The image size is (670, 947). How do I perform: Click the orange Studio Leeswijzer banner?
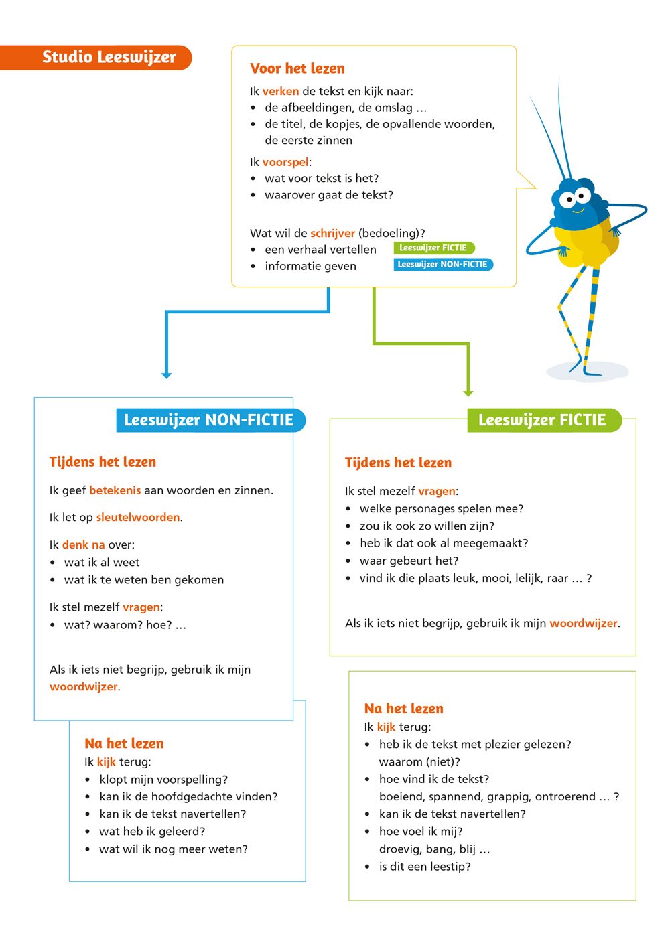pyautogui.click(x=100, y=58)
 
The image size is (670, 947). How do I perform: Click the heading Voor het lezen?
pyautogui.click(x=297, y=68)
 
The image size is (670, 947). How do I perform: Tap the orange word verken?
pyautogui.click(x=280, y=92)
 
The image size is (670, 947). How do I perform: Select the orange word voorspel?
pyautogui.click(x=285, y=162)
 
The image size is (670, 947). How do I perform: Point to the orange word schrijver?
pyautogui.click(x=332, y=234)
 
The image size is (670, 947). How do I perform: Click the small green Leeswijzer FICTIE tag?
pyautogui.click(x=433, y=248)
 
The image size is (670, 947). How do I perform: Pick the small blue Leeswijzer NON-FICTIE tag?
pyautogui.click(x=442, y=265)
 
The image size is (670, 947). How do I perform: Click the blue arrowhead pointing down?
pyautogui.click(x=167, y=375)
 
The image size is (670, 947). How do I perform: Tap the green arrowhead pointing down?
pyautogui.click(x=468, y=392)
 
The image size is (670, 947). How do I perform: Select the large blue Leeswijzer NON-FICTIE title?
pyautogui.click(x=209, y=420)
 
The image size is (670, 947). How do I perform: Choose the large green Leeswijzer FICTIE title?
pyautogui.click(x=542, y=420)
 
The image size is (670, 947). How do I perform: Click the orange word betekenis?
pyautogui.click(x=115, y=490)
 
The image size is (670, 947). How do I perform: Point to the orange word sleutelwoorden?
pyautogui.click(x=138, y=517)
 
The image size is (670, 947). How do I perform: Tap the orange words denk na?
pyautogui.click(x=84, y=544)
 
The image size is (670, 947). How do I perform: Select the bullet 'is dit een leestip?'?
pyautogui.click(x=425, y=867)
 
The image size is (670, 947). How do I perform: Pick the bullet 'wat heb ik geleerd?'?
pyautogui.click(x=152, y=832)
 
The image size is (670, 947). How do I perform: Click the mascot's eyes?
pyautogui.click(x=574, y=198)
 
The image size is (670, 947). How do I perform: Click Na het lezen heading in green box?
pyautogui.click(x=403, y=709)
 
